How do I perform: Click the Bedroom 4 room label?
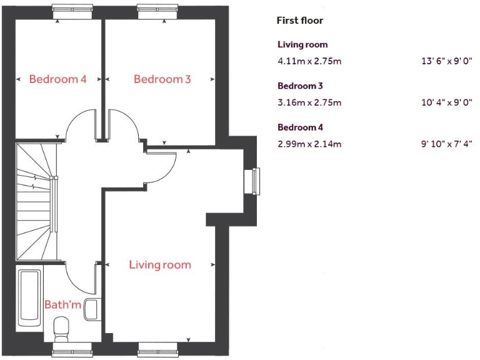click(57, 79)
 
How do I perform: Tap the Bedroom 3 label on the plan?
click(162, 79)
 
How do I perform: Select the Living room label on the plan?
click(160, 265)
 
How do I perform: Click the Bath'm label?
click(62, 304)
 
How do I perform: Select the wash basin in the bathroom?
click(91, 309)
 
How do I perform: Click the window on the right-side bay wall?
click(254, 181)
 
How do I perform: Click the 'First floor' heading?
click(300, 21)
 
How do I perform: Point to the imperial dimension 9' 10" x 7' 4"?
click(446, 144)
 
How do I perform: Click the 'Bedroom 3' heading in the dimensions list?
click(300, 86)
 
